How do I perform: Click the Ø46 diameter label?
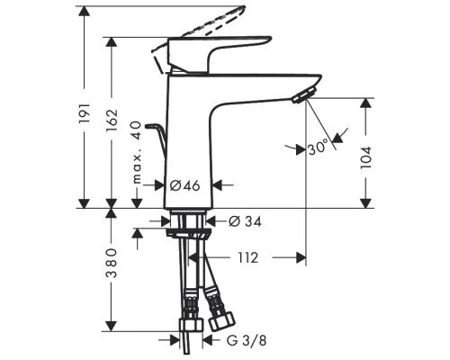click(x=185, y=184)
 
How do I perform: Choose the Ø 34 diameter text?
click(x=240, y=220)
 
